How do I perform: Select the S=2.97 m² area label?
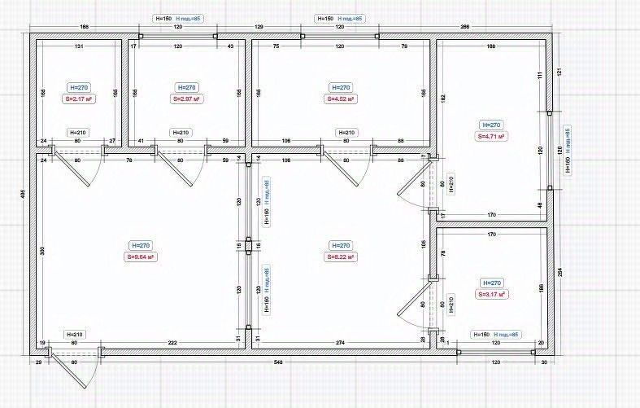click(186, 99)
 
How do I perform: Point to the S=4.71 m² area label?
click(490, 137)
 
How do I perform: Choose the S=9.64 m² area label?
click(141, 257)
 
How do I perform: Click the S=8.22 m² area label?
click(341, 257)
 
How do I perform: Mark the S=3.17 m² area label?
click(490, 294)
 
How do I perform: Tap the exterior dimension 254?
click(559, 273)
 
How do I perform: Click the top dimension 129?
click(259, 28)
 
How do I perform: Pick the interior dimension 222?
click(172, 342)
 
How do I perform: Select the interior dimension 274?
click(340, 342)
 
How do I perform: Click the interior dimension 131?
click(79, 46)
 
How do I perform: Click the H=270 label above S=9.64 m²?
click(141, 245)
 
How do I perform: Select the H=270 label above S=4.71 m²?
click(490, 125)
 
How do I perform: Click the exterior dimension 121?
click(559, 72)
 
